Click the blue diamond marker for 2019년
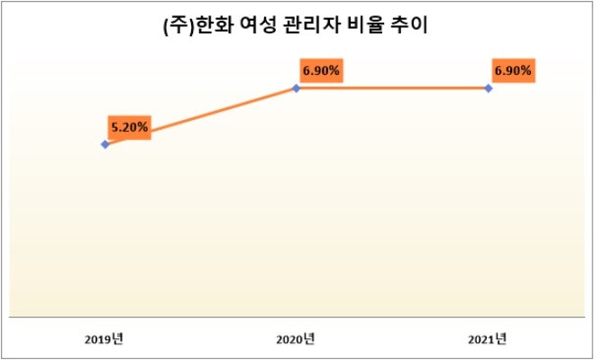pos(105,144)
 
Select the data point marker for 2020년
pos(297,88)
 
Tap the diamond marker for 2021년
pos(488,88)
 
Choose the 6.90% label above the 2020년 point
pos(322,69)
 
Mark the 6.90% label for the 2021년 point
pos(512,69)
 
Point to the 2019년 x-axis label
pos(105,339)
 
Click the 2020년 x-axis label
pos(296,339)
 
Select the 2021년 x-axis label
pos(488,339)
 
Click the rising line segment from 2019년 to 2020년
pos(216,112)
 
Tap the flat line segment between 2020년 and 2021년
pos(392,88)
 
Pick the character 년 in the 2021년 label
pos(501,339)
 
